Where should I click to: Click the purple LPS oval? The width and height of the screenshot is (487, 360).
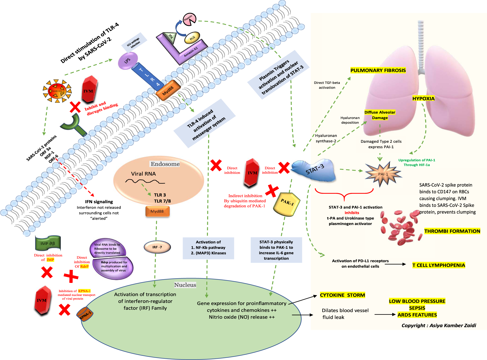(x=128, y=60)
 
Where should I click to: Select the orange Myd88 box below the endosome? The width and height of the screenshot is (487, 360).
(x=157, y=211)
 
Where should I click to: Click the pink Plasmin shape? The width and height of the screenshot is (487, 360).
(x=189, y=19)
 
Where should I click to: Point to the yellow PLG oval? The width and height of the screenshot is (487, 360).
(x=192, y=38)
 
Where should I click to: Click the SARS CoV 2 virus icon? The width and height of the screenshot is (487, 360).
(x=57, y=91)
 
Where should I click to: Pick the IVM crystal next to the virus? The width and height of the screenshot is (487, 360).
(x=89, y=90)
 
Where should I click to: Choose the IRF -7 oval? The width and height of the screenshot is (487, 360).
(x=157, y=247)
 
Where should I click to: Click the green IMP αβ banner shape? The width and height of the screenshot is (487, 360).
(x=48, y=243)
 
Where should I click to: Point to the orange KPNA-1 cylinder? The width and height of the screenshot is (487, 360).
(x=85, y=314)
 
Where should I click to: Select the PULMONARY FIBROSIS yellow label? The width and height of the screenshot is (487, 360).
(x=378, y=70)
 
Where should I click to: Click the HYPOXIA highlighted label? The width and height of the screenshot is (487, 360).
(x=423, y=98)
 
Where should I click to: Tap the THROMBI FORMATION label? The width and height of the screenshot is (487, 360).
(x=452, y=231)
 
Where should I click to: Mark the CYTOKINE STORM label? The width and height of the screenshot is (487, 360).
(x=342, y=295)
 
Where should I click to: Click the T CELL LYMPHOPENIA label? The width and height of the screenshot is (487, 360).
(x=439, y=265)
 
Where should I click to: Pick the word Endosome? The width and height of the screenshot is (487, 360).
(x=165, y=164)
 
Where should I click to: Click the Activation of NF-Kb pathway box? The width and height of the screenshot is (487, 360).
(x=208, y=248)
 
